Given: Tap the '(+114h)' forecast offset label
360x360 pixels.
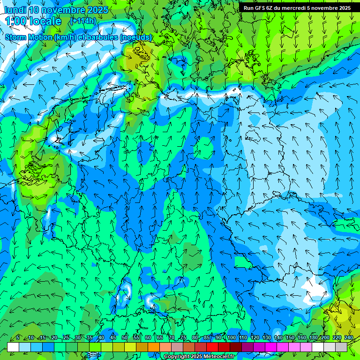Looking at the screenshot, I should [x=83, y=21].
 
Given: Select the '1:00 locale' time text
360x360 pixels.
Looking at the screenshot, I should [x=33, y=21].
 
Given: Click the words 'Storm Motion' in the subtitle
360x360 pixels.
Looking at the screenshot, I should [x=29, y=37].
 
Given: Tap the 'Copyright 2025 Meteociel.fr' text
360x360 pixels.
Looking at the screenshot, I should [x=199, y=357].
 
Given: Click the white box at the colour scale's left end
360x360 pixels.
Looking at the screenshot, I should [x=13, y=347].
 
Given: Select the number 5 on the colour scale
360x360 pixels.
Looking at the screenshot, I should [x=18, y=337].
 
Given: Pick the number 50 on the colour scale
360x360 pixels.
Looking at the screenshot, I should [x=125, y=337].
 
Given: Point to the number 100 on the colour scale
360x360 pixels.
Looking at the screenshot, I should [x=231, y=337].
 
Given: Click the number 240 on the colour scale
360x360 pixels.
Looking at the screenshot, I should [x=349, y=337].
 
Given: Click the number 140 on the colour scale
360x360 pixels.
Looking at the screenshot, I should [x=278, y=337].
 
